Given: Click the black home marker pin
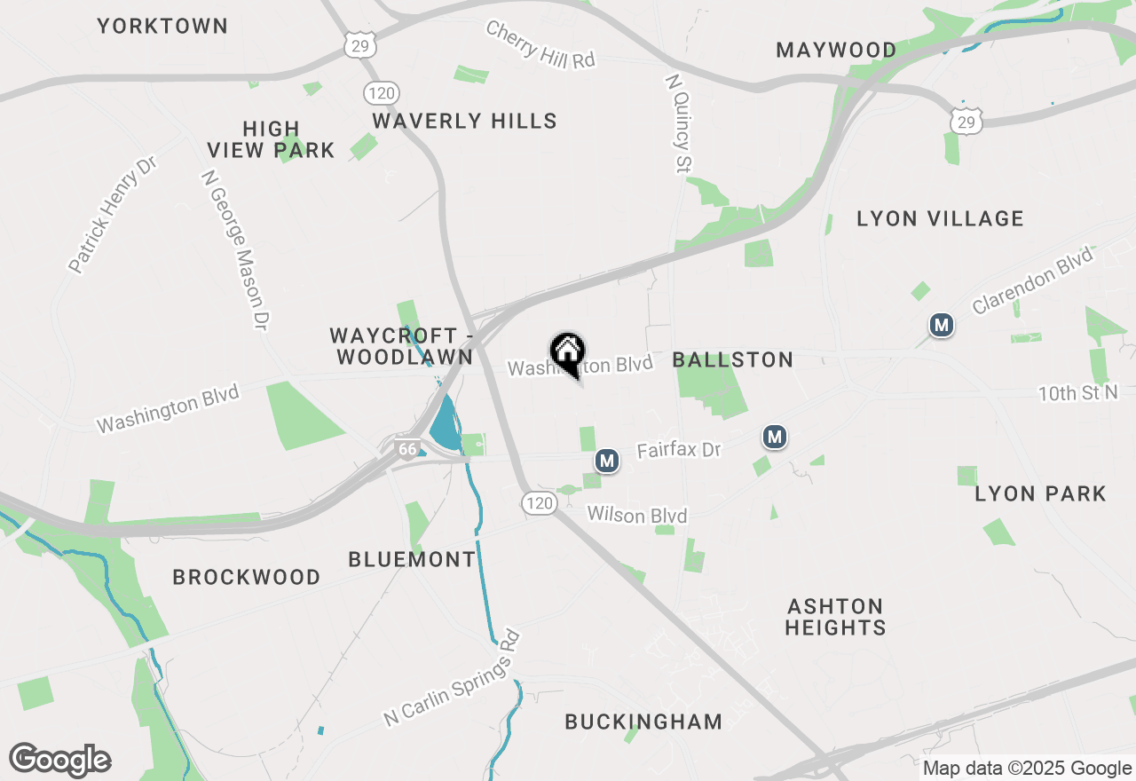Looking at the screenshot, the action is (567, 353).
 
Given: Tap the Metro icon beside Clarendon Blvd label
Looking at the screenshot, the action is (941, 325).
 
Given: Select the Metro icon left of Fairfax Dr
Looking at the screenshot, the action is (607, 461).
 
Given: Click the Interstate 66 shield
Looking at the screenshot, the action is (407, 449).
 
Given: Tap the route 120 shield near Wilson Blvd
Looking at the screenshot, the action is (539, 503).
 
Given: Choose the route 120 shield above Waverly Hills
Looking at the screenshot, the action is (381, 93).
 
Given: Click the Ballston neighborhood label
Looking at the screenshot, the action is (732, 359).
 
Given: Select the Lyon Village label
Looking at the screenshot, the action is (940, 218).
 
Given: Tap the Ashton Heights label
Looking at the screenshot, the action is (835, 617).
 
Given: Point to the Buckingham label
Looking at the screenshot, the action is (643, 722).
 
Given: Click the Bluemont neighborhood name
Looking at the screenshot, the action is (412, 559).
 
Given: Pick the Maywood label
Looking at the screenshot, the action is (836, 50).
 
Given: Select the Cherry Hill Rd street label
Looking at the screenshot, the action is (540, 44).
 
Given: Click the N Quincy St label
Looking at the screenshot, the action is (678, 122).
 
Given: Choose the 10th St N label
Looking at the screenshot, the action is (1077, 392).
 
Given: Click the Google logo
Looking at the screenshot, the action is (59, 760).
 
